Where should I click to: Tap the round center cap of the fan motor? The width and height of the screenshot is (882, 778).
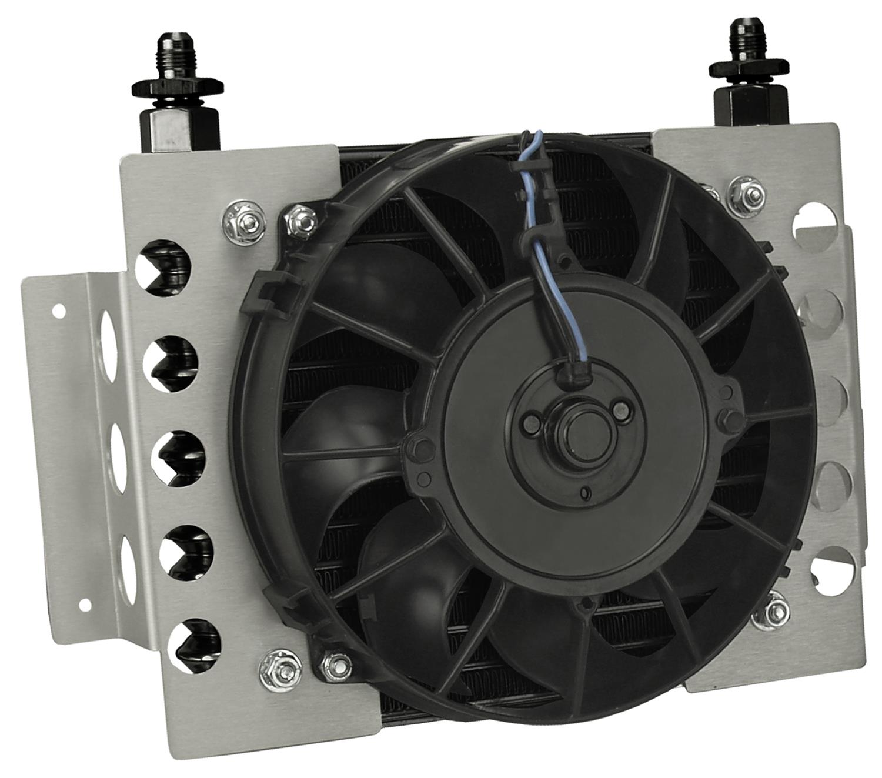(x=570, y=432)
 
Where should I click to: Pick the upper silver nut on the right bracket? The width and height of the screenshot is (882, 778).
(x=739, y=191)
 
